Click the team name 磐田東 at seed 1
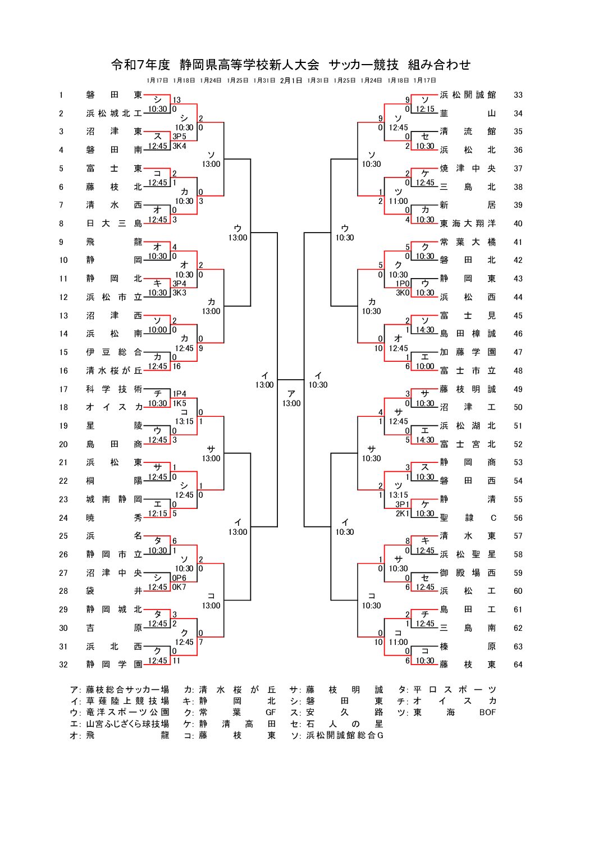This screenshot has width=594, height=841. point(114,95)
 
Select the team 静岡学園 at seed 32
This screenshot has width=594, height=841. point(114,665)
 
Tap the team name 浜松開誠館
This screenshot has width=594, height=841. point(468,95)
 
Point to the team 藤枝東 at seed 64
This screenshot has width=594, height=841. point(468,665)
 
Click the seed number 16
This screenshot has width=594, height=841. point(63,371)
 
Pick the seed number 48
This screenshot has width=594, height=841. point(518,371)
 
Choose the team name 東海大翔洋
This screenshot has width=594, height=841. point(468,224)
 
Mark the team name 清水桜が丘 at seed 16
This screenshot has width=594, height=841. point(114,371)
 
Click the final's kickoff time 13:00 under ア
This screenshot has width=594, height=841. point(291,403)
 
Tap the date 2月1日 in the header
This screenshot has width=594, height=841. point(291,80)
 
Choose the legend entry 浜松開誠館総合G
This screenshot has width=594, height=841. point(345,735)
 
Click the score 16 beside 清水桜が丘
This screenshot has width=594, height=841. point(177,366)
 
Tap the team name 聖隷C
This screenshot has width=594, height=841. point(468,518)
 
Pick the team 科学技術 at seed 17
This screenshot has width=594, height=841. point(114,389)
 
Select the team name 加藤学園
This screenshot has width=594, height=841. point(468,352)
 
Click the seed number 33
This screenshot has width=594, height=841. point(518,95)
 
